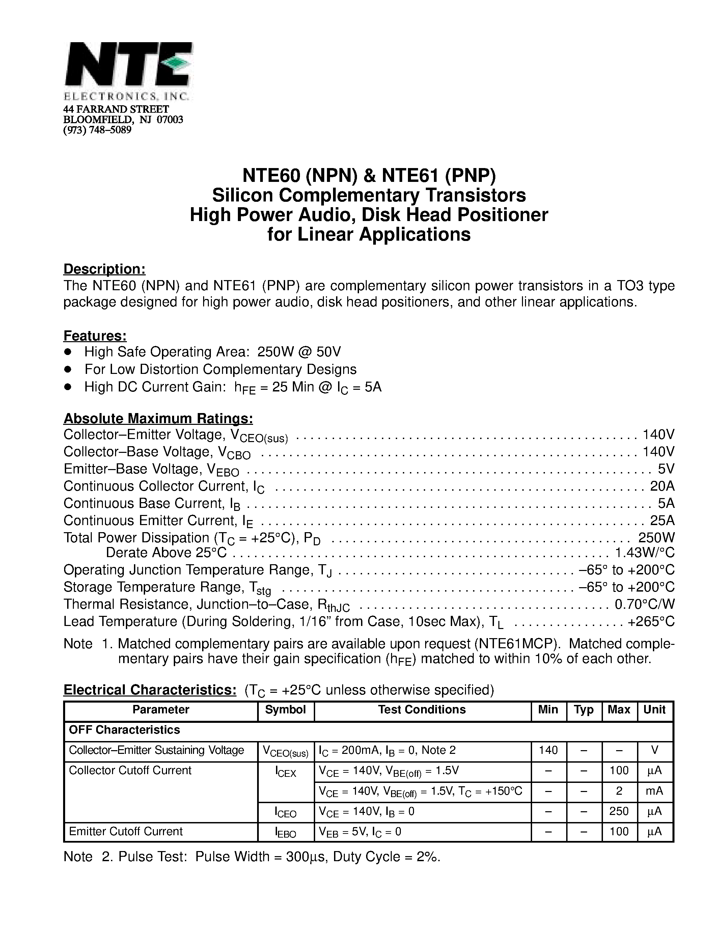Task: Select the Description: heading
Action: (105, 269)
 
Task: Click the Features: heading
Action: (95, 336)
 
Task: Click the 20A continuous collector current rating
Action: (662, 486)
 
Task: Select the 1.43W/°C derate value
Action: (644, 552)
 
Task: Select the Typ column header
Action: (584, 710)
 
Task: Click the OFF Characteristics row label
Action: (125, 730)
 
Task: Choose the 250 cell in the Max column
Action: (619, 811)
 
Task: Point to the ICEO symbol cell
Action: (285, 813)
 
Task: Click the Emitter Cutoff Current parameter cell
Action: (126, 831)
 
